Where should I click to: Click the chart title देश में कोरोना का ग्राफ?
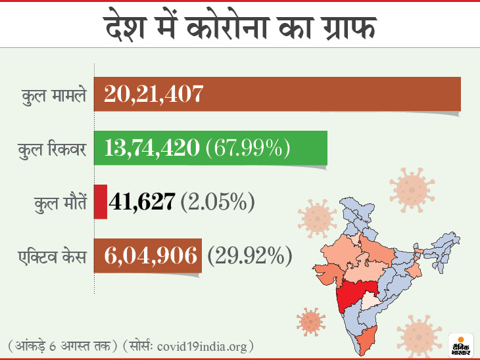(x=240, y=29)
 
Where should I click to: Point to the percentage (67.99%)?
(x=248, y=148)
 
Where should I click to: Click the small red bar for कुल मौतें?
(x=101, y=202)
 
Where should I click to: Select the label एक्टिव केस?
(x=53, y=256)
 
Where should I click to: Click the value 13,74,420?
(x=152, y=148)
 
